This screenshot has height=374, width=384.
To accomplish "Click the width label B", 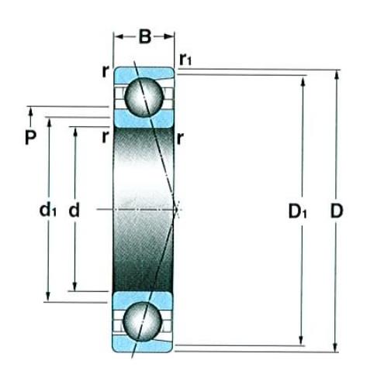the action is tap(144, 36).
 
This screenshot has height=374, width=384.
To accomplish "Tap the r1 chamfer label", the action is tap(185, 60).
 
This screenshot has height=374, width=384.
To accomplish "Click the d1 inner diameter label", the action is tap(47, 210).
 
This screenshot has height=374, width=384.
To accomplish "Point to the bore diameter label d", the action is tap(74, 210).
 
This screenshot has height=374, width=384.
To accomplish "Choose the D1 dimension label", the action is tap(297, 211).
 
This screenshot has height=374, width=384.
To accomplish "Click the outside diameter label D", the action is tap(337, 211).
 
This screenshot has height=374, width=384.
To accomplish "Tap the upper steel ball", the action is tap(144, 97).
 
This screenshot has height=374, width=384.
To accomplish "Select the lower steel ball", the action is tap(143, 321).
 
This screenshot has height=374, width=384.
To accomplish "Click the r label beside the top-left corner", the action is tap(105, 71).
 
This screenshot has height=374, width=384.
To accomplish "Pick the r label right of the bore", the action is tap(180, 139).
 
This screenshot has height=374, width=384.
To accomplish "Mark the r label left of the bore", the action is tap(105, 137).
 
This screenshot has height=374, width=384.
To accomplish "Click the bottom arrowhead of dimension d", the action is tap(74, 286).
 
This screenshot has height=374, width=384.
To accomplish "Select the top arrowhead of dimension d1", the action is tap(49, 122).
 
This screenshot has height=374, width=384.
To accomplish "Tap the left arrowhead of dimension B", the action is tap(119, 36).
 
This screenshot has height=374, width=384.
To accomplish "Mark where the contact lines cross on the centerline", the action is tap(176, 209).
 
